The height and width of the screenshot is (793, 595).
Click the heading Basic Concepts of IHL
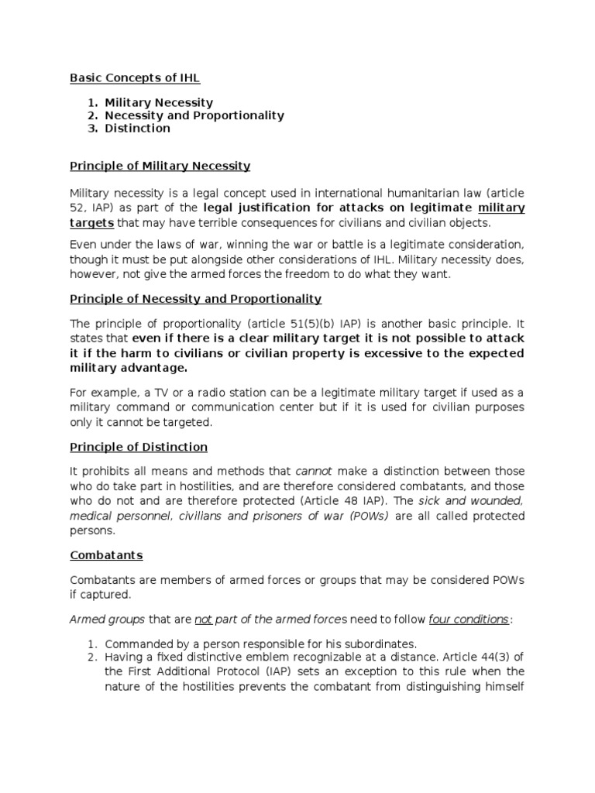click(140, 77)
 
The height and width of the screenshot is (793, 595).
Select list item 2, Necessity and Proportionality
click(194, 115)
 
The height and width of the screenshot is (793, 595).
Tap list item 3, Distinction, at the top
click(138, 128)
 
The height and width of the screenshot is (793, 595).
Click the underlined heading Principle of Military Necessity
click(160, 166)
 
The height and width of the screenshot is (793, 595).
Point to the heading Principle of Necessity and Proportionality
click(196, 298)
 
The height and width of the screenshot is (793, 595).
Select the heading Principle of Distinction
click(139, 447)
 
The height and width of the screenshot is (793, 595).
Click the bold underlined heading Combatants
click(107, 555)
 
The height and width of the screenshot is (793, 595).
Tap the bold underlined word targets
click(92, 222)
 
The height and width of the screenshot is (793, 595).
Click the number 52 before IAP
click(77, 208)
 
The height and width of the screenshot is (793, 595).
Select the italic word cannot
click(313, 471)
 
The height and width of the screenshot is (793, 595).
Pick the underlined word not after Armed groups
click(203, 619)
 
